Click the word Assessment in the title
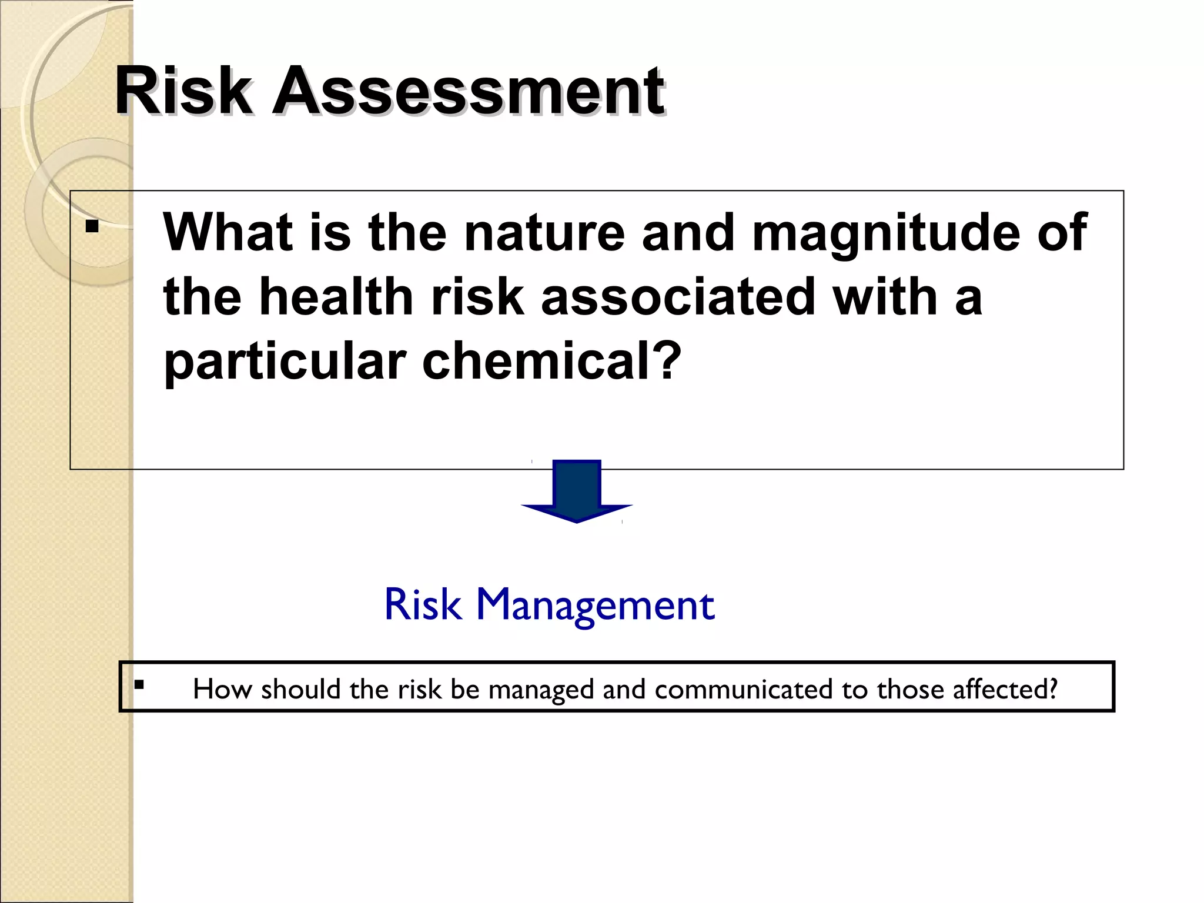[x=468, y=92]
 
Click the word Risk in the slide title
[x=183, y=92]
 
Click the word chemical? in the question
[x=551, y=361]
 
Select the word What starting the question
[x=227, y=232]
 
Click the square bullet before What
[x=92, y=226]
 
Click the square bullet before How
[x=139, y=684]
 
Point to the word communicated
[x=743, y=689]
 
